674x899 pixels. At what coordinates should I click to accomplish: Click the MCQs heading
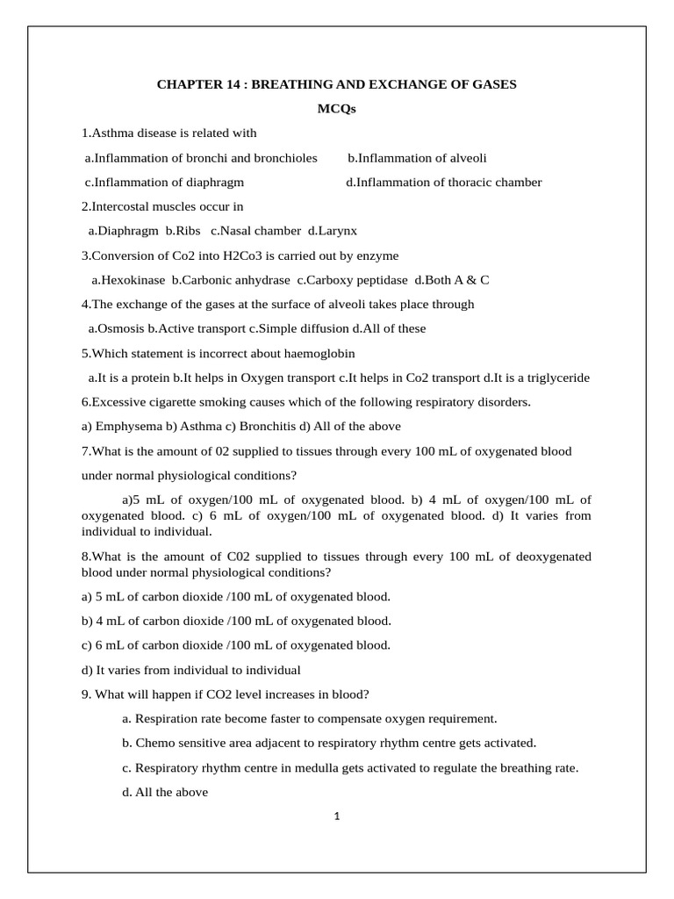pos(336,109)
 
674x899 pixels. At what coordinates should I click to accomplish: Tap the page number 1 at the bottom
pos(337,817)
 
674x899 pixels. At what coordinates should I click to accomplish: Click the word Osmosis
pos(120,328)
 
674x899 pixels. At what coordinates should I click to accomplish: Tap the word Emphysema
pos(126,427)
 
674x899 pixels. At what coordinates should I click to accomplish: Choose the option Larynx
pos(336,231)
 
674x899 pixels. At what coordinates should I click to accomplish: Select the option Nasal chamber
pos(259,231)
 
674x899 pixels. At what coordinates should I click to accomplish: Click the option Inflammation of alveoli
pos(422,158)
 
